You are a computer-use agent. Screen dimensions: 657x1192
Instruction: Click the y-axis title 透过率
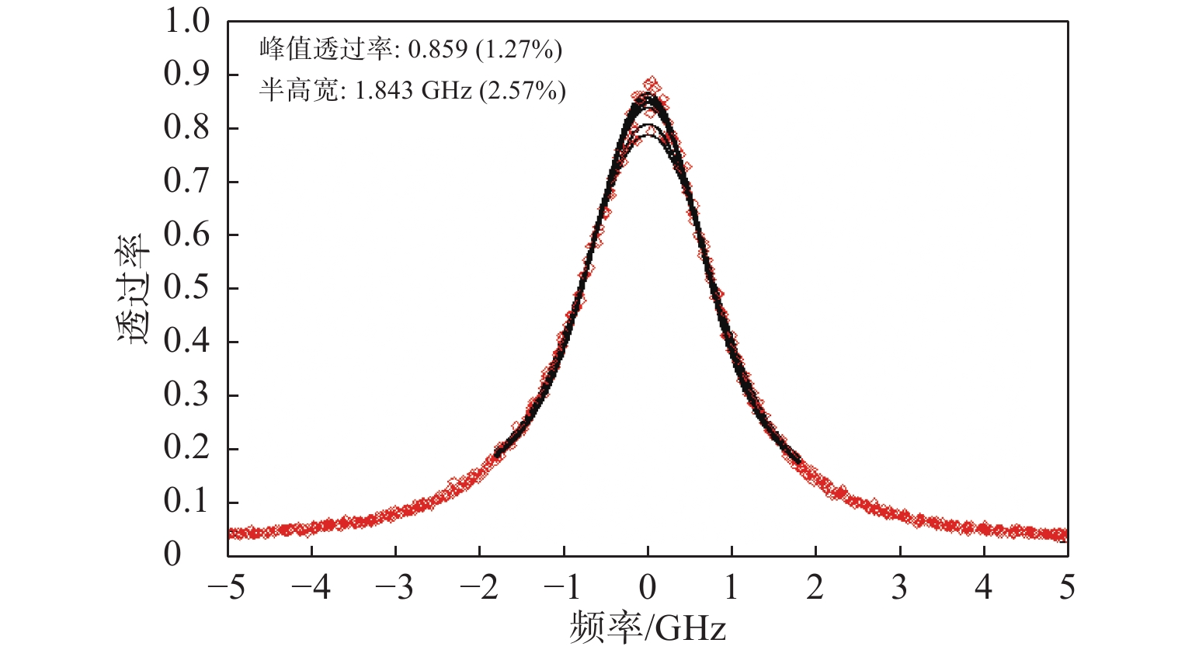tap(134, 288)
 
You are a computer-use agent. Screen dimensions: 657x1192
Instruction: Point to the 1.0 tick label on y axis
tap(187, 21)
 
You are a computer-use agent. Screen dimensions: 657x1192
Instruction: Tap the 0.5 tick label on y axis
tap(187, 288)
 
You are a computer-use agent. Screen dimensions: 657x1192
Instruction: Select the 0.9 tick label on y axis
tap(187, 75)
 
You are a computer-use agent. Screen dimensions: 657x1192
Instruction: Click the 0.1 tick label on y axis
tap(187, 502)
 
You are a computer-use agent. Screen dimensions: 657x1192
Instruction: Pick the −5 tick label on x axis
tap(227, 589)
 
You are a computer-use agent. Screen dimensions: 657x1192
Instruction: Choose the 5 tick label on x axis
tap(1068, 589)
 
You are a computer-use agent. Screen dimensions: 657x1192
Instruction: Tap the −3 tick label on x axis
tap(394, 589)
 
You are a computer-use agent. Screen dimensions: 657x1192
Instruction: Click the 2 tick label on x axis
tap(815, 589)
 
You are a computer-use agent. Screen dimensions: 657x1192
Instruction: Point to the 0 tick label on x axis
tap(648, 589)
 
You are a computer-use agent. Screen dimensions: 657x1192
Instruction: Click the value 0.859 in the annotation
tap(438, 50)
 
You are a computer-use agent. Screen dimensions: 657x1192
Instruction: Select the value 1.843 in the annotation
tap(384, 91)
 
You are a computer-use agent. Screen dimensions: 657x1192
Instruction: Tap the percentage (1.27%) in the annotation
tap(519, 50)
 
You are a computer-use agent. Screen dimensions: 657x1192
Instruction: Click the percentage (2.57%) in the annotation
tap(522, 91)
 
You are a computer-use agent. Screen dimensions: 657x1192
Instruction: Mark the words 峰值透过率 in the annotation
tap(325, 50)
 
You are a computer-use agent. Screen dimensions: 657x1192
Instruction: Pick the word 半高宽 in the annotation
tap(297, 91)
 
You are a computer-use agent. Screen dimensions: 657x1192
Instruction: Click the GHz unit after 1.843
tap(447, 91)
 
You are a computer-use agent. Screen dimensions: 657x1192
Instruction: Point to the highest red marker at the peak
tap(652, 82)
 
